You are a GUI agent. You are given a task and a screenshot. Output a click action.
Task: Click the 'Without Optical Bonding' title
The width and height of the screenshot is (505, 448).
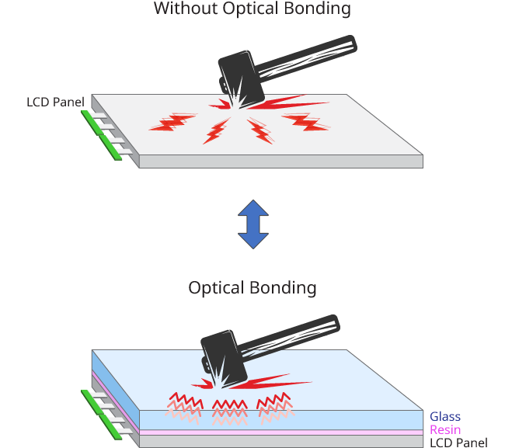252,9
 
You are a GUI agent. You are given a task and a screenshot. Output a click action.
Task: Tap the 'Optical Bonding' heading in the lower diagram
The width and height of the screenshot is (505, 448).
252,287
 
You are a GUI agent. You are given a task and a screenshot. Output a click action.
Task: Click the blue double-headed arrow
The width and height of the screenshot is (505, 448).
252,224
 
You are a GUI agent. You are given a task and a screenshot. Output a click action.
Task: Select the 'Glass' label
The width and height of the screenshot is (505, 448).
445,417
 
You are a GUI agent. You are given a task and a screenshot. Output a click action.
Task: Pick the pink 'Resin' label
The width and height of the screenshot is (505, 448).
445,430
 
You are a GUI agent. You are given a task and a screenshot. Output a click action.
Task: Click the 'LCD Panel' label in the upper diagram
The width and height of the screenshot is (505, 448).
55,102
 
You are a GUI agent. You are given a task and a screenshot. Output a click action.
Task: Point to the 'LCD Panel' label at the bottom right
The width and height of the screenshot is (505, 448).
458,443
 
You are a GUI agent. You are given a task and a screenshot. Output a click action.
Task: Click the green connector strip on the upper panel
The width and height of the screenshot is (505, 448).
102,136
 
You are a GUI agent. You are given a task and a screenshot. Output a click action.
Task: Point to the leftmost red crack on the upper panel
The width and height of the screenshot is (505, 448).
172,123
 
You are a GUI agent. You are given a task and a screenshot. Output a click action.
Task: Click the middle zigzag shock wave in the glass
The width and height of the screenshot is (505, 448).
230,408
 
